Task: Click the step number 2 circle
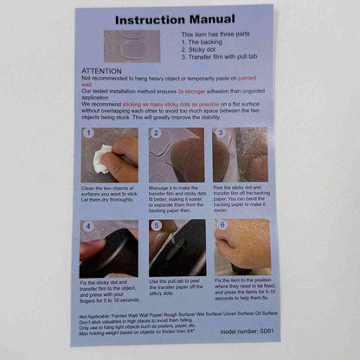tap(155, 134)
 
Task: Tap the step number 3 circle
tap(222, 134)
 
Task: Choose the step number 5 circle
tap(156, 226)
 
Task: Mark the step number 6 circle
tap(222, 226)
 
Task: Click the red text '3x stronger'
tap(194, 90)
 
